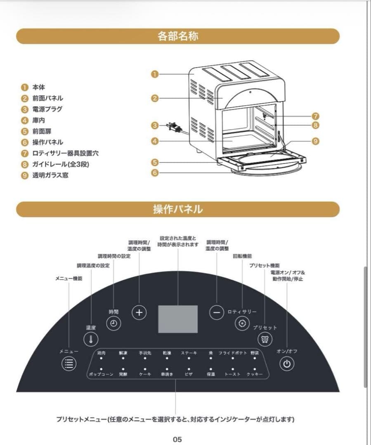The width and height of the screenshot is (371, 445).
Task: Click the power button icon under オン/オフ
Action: [287, 364]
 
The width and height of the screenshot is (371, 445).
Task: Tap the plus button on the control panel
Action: [139, 312]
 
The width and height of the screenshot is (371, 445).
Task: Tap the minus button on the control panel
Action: [216, 312]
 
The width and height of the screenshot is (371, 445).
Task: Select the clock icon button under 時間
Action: [113, 323]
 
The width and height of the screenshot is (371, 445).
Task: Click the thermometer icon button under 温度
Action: [91, 339]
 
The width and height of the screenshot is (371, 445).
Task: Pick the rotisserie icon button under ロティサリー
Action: [242, 323]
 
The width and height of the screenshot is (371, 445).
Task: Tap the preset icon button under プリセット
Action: [265, 339]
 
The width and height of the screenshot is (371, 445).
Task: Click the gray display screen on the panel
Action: [178, 319]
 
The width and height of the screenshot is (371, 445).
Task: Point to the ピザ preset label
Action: [189, 374]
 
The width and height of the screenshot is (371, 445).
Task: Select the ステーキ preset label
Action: [189, 353]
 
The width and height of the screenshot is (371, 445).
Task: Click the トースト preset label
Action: [232, 374]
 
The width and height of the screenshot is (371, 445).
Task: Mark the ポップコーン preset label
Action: [101, 374]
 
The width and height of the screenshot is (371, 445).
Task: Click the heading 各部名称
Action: [178, 36]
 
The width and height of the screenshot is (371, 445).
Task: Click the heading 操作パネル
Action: [178, 209]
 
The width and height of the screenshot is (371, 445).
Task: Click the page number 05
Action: [177, 439]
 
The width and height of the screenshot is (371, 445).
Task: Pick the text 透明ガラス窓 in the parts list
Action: [50, 175]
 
